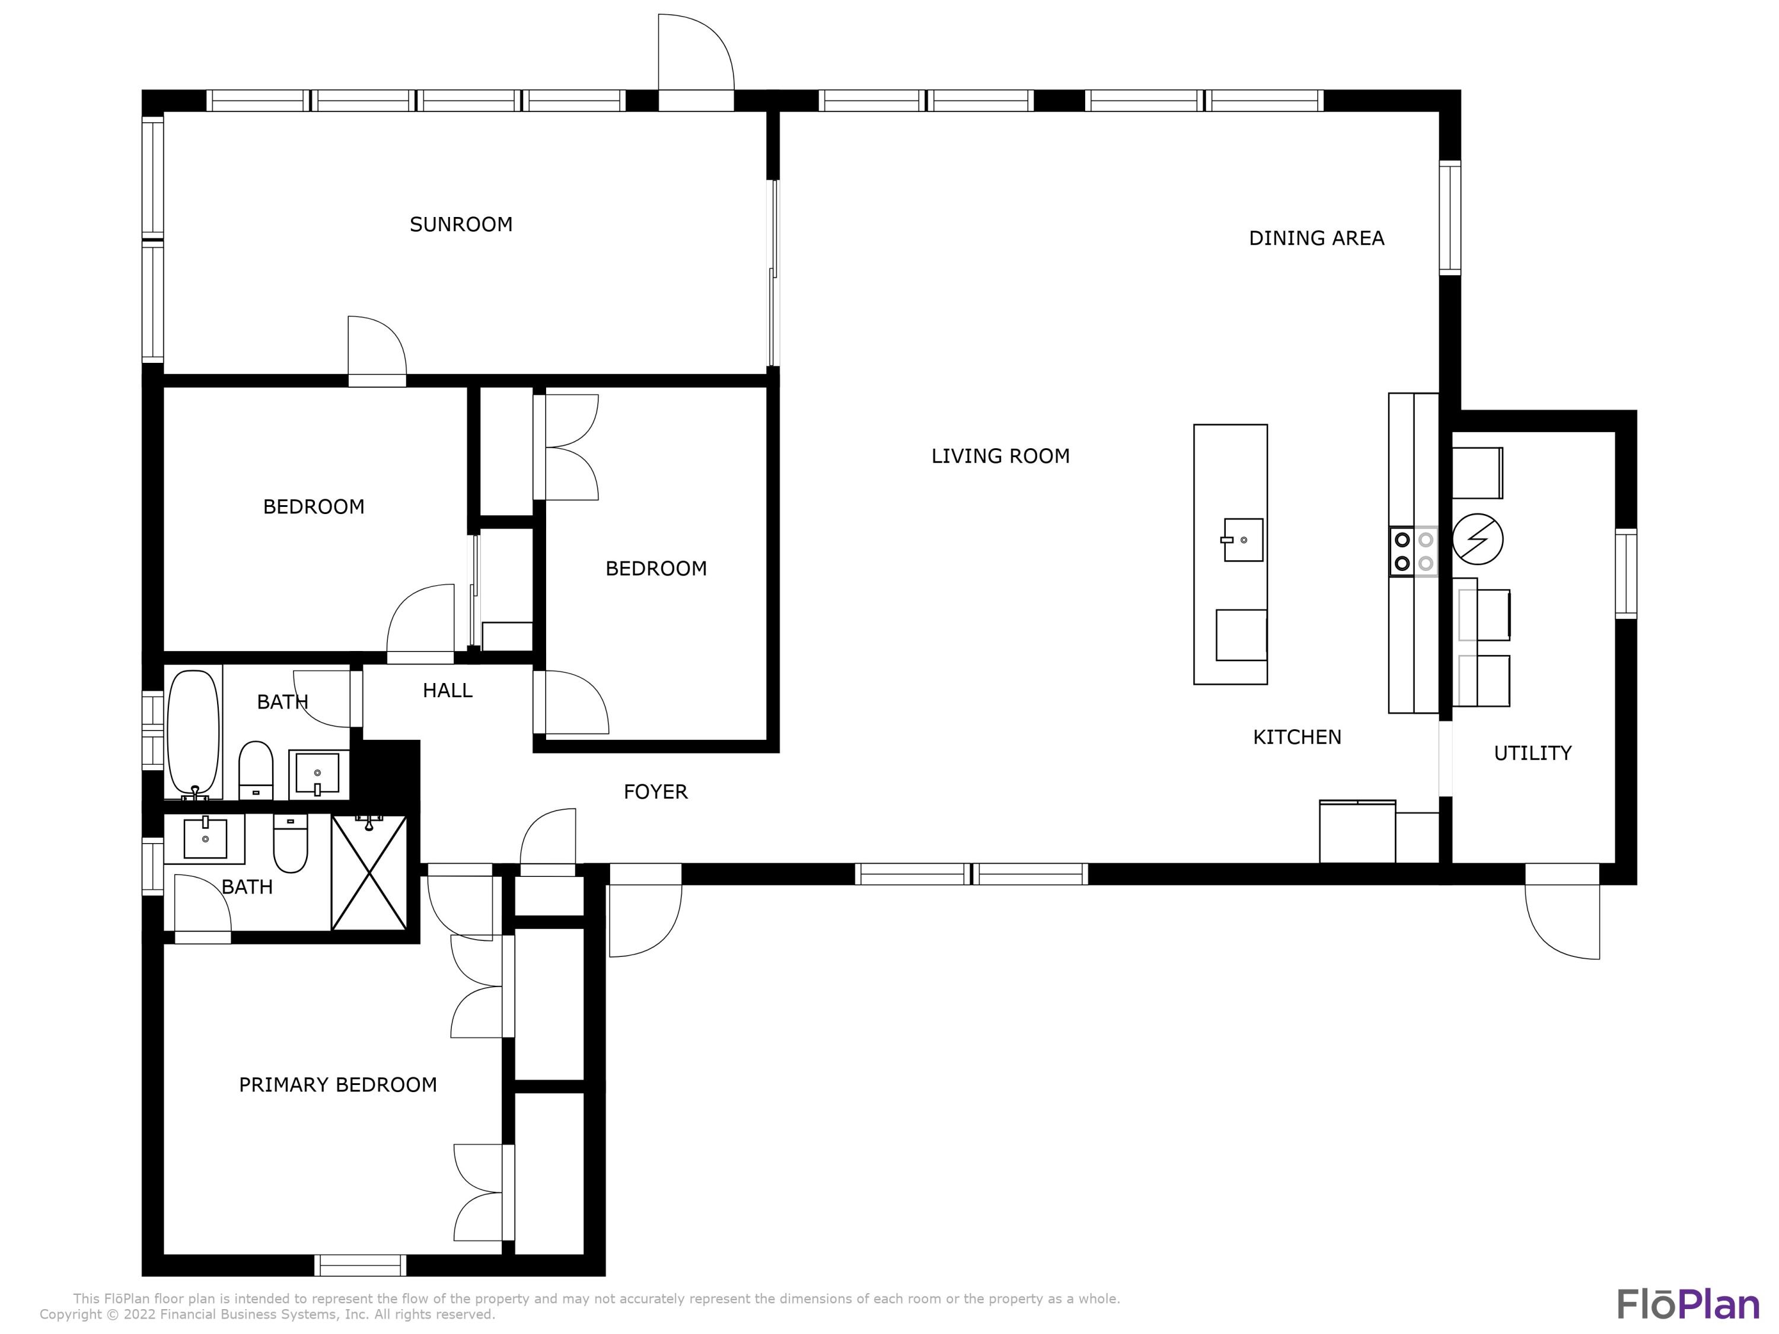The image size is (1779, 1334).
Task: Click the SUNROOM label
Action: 461,224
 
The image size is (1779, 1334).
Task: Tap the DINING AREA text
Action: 1316,238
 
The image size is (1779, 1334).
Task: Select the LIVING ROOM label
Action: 1000,456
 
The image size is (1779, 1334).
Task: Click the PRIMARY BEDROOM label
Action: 338,1085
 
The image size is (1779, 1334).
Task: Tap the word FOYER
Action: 655,792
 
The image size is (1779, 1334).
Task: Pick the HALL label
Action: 447,690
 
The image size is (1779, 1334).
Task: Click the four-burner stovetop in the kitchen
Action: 1413,551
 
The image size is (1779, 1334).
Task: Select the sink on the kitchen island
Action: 1242,540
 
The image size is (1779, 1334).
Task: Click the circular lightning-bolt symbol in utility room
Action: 1477,539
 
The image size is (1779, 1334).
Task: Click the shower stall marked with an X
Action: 369,873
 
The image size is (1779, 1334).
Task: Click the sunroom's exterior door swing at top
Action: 695,56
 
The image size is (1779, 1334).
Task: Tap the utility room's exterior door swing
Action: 1562,917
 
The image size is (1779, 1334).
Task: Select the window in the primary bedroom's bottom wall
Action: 359,1266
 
